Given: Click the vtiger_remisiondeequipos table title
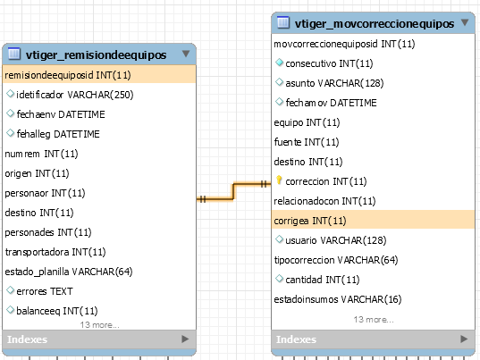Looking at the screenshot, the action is click(x=96, y=55).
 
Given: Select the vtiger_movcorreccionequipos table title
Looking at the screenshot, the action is click(x=375, y=23).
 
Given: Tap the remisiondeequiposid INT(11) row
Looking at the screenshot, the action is click(x=68, y=75).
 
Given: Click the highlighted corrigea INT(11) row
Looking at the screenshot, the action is click(x=310, y=221).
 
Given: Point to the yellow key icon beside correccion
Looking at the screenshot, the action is click(x=279, y=180).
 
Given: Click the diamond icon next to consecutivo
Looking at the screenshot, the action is click(x=279, y=63).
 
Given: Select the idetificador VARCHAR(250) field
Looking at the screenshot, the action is click(x=75, y=95).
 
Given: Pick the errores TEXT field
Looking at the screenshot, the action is click(x=45, y=291).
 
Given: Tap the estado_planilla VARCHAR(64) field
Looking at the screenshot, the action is click(x=69, y=272).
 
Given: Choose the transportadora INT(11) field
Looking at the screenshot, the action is click(x=55, y=252).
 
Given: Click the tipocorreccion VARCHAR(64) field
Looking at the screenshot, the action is click(x=336, y=260).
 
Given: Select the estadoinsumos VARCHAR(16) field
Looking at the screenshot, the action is click(x=338, y=299).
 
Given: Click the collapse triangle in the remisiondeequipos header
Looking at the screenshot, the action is click(x=186, y=54).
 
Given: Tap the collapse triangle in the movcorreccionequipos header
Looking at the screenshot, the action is click(x=465, y=22).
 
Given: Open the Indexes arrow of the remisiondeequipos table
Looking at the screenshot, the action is click(x=185, y=339).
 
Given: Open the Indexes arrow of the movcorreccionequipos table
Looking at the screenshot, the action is click(x=464, y=339).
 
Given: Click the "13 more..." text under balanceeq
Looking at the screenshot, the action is click(x=99, y=325).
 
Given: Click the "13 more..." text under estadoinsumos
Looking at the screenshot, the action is click(x=374, y=320).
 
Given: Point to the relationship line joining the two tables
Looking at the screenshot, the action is click(x=233, y=191).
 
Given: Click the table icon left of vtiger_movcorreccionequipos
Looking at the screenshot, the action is click(x=282, y=22).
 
